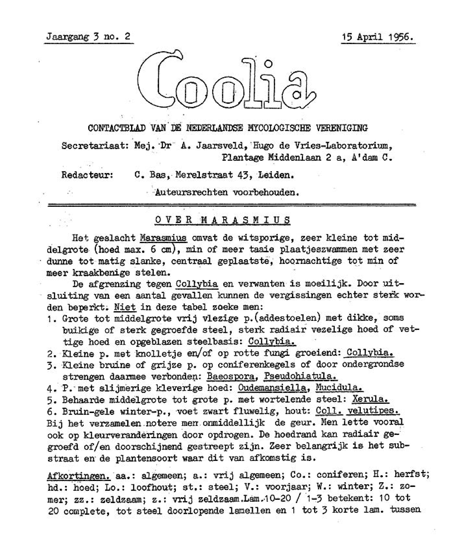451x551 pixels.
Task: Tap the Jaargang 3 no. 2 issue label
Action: pyautogui.click(x=88, y=36)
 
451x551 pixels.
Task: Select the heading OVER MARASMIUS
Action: pyautogui.click(x=222, y=220)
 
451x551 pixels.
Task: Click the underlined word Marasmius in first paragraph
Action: pyautogui.click(x=163, y=238)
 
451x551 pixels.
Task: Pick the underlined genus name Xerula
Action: pyautogui.click(x=370, y=399)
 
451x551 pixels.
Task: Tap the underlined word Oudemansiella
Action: pyautogui.click(x=272, y=388)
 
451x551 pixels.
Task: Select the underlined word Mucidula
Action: pyautogui.click(x=339, y=388)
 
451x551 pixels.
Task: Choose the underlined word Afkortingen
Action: pyautogui.click(x=79, y=476)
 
